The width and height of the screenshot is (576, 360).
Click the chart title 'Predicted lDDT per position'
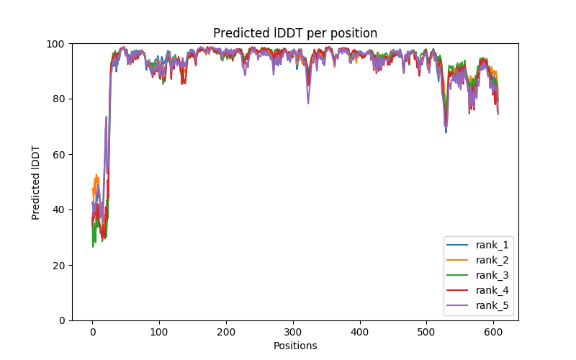click(x=295, y=33)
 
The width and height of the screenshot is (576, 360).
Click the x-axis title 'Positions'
click(x=295, y=346)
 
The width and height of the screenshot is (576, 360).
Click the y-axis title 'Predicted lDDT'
click(x=36, y=182)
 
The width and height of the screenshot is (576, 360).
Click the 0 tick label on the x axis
click(x=92, y=331)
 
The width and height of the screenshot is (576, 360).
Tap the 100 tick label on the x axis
click(x=159, y=331)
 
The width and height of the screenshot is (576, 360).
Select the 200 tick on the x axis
click(x=226, y=331)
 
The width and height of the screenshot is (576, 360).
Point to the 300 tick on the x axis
click(x=293, y=331)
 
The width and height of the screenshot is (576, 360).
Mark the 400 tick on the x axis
click(x=360, y=331)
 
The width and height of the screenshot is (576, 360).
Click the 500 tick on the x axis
click(x=426, y=331)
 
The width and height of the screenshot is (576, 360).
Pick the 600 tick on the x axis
click(x=493, y=331)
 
